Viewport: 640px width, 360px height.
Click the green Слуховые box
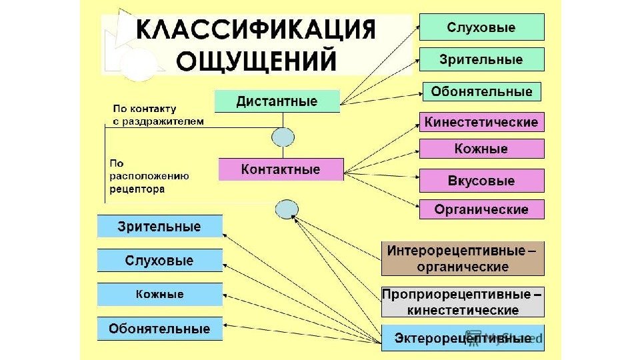pyautogui.click(x=481, y=28)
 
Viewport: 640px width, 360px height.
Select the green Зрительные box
pyautogui.click(x=481, y=59)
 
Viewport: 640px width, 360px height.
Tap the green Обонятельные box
pyautogui.click(x=481, y=91)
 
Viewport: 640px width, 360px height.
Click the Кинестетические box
pyautogui.click(x=481, y=123)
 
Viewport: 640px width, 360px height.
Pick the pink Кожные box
pyautogui.click(x=481, y=149)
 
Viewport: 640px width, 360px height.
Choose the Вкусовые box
pyautogui.click(x=481, y=181)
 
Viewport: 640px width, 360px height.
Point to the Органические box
pyautogui.click(x=481, y=209)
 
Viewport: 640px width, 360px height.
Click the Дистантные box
pyautogui.click(x=277, y=102)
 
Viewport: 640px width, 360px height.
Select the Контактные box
pyautogui.click(x=281, y=169)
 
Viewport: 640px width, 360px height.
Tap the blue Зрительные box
pyautogui.click(x=159, y=227)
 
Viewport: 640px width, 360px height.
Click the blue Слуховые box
pyautogui.click(x=159, y=261)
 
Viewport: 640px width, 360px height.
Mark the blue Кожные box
pyautogui.click(x=159, y=294)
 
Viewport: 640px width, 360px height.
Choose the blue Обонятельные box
pyautogui.click(x=159, y=329)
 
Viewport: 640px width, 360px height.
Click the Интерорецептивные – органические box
pyautogui.click(x=463, y=259)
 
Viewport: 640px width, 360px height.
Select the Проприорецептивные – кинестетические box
pyautogui.click(x=463, y=302)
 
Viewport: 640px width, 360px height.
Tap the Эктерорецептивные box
pyautogui.click(x=463, y=338)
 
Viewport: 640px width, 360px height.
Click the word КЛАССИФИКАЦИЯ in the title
pyautogui.click(x=256, y=31)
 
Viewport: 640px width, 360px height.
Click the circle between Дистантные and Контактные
pyautogui.click(x=283, y=137)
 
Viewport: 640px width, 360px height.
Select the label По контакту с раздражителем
pyautogui.click(x=157, y=114)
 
